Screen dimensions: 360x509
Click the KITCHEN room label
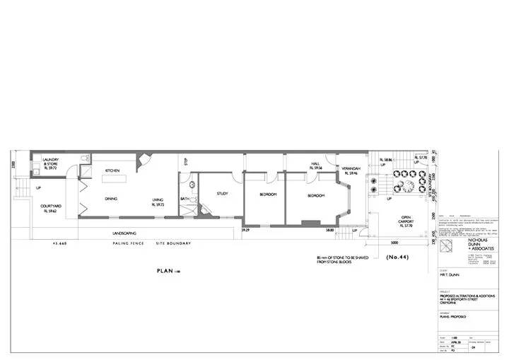click(x=112, y=171)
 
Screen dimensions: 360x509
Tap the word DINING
click(x=111, y=199)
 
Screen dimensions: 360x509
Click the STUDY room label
click(x=222, y=193)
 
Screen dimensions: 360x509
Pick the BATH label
click(x=185, y=199)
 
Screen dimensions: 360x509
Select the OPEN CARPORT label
click(x=406, y=219)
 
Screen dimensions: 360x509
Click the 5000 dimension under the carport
click(x=392, y=241)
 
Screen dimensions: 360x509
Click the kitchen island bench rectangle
click(x=116, y=179)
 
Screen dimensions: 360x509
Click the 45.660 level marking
click(x=59, y=244)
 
